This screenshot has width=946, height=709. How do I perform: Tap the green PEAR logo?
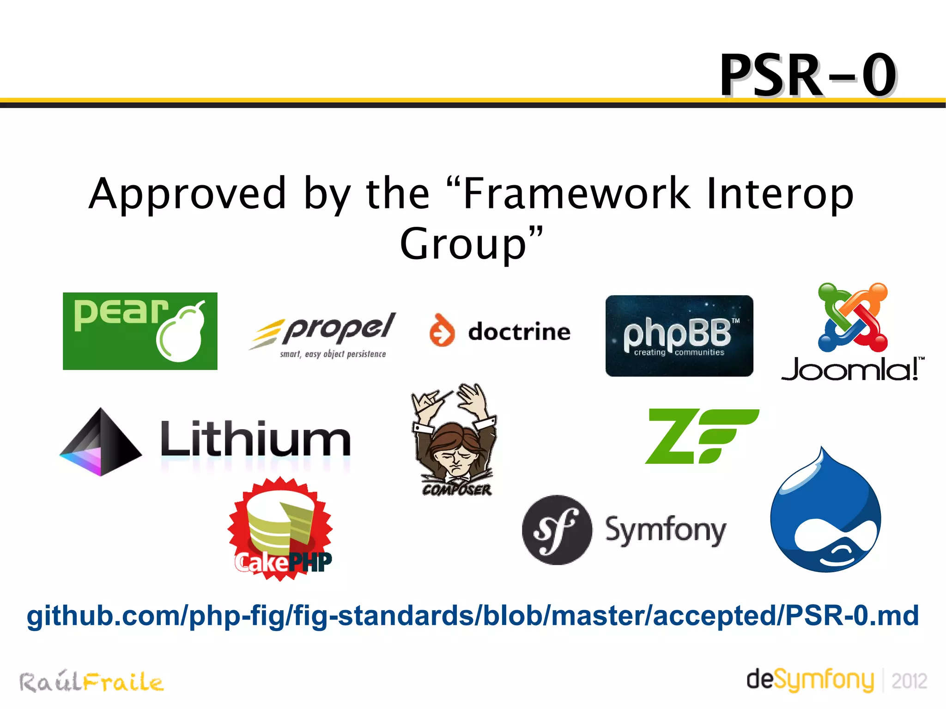point(140,331)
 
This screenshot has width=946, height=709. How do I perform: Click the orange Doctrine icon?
point(442,330)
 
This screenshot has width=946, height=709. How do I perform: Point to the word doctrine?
point(519,332)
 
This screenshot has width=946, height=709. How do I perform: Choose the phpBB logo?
point(679,336)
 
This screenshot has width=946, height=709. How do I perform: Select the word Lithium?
point(255,439)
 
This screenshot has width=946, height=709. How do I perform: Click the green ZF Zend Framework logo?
point(701,436)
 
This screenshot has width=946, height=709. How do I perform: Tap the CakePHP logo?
point(280,529)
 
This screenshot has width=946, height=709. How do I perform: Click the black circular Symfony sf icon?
point(557,530)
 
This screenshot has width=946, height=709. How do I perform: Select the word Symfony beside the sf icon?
point(665,530)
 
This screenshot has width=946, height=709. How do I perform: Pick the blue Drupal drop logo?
point(825,513)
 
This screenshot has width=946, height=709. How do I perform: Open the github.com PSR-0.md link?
point(473,616)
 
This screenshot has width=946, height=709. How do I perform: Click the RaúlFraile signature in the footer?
point(91,682)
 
